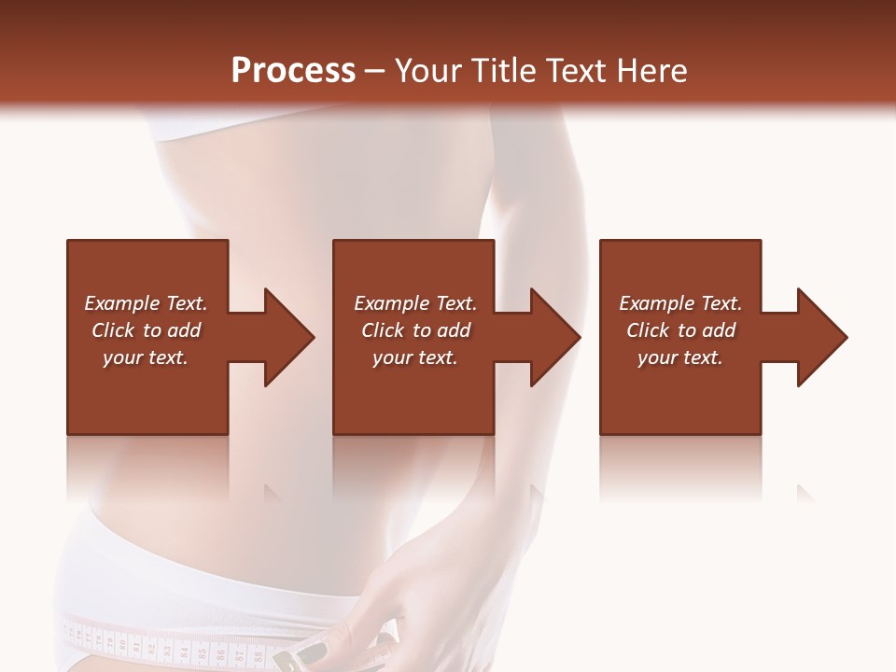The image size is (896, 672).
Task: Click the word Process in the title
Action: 293,71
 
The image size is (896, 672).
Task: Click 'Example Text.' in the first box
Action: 146,303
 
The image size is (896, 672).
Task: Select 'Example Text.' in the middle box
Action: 415,303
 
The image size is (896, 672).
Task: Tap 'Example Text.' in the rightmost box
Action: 680,303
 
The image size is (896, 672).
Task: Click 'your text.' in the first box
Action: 146,357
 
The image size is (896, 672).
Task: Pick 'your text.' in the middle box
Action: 415,357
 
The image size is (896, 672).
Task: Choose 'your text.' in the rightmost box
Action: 680,357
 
